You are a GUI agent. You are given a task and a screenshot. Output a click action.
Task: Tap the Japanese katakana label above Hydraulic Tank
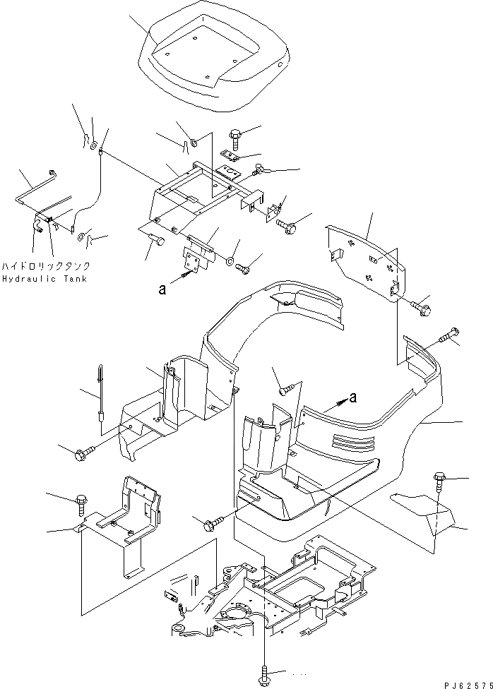pyautogui.click(x=46, y=267)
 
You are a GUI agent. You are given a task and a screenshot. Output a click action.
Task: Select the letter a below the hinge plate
pyautogui.click(x=163, y=287)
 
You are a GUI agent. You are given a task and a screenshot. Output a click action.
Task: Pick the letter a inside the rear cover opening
pyautogui.click(x=352, y=397)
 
